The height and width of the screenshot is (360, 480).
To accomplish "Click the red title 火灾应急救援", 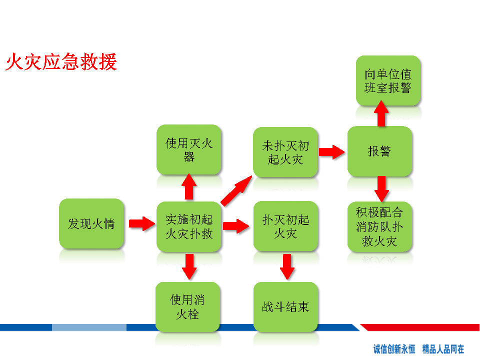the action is (61, 62).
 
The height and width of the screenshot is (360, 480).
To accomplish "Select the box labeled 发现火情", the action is (91, 223).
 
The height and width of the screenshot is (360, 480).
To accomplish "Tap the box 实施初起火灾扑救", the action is (189, 226).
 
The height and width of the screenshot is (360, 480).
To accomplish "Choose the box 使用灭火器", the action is (189, 149).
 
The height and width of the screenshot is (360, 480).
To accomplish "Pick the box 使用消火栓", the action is (187, 306).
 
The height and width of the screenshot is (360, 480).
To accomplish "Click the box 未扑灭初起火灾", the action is (285, 152).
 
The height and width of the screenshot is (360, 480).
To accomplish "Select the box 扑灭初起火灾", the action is (286, 226).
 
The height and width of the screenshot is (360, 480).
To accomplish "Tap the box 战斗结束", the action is (285, 306).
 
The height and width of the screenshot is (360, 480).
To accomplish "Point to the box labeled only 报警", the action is (380, 151).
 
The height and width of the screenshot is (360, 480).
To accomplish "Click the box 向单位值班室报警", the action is (388, 81).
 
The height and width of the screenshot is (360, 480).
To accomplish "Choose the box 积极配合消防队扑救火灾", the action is (380, 227).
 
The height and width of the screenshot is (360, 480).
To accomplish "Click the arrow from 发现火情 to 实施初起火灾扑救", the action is (142, 224).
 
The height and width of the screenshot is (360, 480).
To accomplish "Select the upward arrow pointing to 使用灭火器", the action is (189, 187).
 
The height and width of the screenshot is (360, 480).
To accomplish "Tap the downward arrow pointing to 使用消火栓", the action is (189, 266).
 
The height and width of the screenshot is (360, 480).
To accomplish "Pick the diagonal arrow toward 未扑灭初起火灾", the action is (236, 191).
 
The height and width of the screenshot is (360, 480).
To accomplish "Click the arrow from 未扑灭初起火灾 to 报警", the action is (332, 152).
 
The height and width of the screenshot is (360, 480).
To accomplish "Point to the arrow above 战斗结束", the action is (287, 266).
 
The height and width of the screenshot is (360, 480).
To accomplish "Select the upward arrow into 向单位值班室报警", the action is (381, 113).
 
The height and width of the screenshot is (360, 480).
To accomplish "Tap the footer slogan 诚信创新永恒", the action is (394, 349).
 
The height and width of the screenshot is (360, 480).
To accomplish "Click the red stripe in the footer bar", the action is (420, 327).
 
